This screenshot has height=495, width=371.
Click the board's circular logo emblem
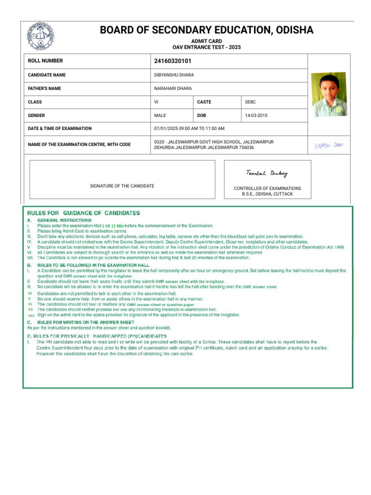pyautogui.click(x=41, y=36)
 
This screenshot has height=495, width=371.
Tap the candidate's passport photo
pyautogui.click(x=328, y=94)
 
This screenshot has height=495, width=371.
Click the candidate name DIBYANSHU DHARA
pyautogui.click(x=174, y=75)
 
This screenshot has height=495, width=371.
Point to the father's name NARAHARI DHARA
pyautogui.click(x=173, y=89)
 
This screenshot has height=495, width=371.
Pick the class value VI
pyautogui.click(x=156, y=102)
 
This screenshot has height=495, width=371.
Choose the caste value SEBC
pyautogui.click(x=250, y=102)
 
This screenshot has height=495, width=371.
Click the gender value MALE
pyautogui.click(x=160, y=116)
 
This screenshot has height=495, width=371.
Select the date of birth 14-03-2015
pyautogui.click(x=256, y=116)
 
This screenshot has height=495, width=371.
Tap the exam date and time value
pyautogui.click(x=189, y=129)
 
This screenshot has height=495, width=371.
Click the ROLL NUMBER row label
pyautogui.click(x=45, y=61)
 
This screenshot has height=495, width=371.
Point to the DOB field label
pyautogui.click(x=201, y=116)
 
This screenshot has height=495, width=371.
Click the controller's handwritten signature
pyautogui.click(x=267, y=173)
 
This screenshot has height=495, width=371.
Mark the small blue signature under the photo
pyautogui.click(x=328, y=145)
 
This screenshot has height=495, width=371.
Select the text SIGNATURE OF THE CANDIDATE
pyautogui.click(x=122, y=186)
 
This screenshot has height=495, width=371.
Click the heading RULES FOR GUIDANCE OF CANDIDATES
pyautogui.click(x=84, y=213)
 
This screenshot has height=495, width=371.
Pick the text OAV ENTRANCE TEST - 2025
pyautogui.click(x=206, y=47)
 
